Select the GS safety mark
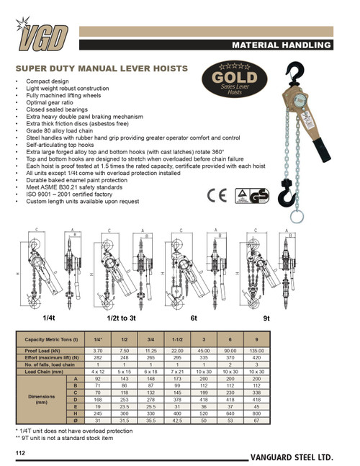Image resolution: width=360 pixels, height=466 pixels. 274,175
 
